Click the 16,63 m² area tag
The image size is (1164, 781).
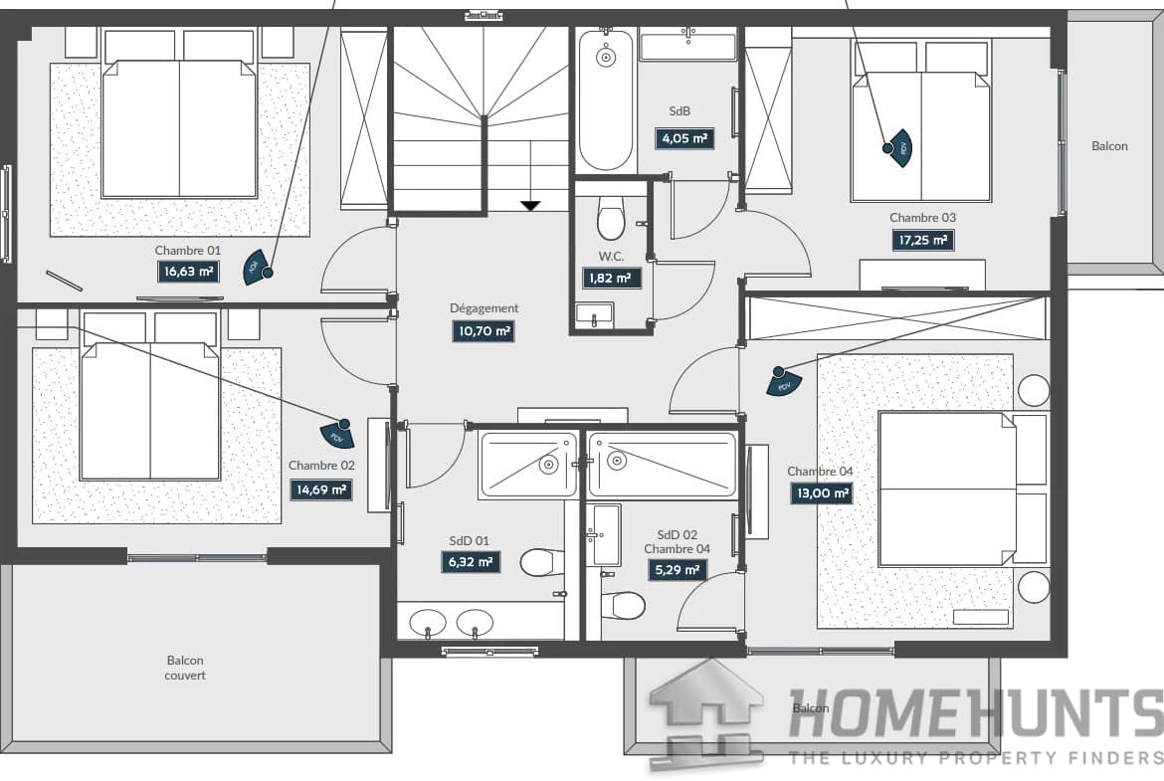coord(189,272)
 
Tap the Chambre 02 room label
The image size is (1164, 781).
coord(321,466)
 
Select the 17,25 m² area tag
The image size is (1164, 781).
coord(922,240)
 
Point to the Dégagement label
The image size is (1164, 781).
coord(485,308)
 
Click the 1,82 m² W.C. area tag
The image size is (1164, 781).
coord(611,279)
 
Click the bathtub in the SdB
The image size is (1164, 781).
coord(606,99)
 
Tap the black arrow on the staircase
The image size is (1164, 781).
coord(530,206)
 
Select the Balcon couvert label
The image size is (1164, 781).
coord(185,668)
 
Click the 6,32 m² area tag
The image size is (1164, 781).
coord(470,562)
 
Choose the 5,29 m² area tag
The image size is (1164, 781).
coord(677,570)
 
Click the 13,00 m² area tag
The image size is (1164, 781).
coord(821,492)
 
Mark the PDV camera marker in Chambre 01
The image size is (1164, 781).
coord(257,268)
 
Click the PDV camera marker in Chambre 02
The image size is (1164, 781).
coord(338,435)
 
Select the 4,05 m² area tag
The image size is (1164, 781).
coord(684,138)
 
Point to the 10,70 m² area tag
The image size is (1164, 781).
coord(484,331)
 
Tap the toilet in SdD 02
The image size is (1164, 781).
coord(623,605)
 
